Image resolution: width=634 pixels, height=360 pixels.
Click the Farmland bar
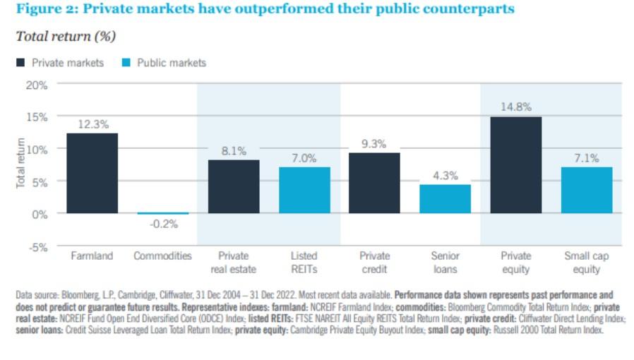pyautogui.click(x=92, y=173)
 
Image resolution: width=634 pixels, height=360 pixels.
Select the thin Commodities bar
pyautogui.click(x=163, y=213)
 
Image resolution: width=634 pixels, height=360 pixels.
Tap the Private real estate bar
pyautogui.click(x=234, y=186)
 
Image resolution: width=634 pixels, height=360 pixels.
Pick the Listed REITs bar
pyautogui.click(x=304, y=190)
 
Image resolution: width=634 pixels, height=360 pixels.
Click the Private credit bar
pyautogui.click(x=374, y=183)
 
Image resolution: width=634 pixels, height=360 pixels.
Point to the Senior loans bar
pyautogui.click(x=445, y=199)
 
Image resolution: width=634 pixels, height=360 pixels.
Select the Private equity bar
pyautogui.click(x=516, y=165)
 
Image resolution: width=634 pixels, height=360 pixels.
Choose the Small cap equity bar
pyautogui.click(x=587, y=190)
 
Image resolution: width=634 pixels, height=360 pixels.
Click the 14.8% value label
pyautogui.click(x=516, y=107)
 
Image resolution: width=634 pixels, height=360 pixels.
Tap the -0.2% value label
pyautogui.click(x=164, y=224)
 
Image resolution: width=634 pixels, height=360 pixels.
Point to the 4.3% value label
pyautogui.click(x=445, y=176)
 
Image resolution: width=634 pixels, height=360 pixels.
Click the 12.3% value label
pyautogui.click(x=93, y=124)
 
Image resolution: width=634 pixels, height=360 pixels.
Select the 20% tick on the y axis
pyautogui.click(x=37, y=85)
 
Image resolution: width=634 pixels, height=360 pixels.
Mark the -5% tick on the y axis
pyautogui.click(x=38, y=247)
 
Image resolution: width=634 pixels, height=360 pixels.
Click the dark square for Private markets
pyautogui.click(x=20, y=63)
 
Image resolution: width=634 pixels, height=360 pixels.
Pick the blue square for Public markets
pyautogui.click(x=126, y=63)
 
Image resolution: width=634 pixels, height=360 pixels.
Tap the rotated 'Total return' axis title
pyautogui.click(x=20, y=163)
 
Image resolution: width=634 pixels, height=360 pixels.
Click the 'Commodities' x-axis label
pyautogui.click(x=162, y=256)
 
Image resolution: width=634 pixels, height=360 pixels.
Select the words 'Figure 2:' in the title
pyautogui.click(x=46, y=9)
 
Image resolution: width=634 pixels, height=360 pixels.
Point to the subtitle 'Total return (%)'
pyautogui.click(x=66, y=37)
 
